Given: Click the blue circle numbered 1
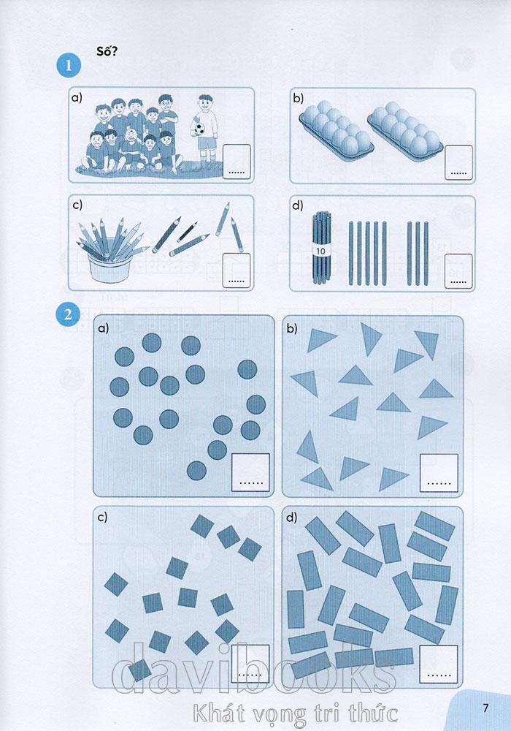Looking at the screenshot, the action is [69, 65].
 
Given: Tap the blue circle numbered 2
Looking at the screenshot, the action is [69, 314].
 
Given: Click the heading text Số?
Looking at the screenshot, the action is [107, 51].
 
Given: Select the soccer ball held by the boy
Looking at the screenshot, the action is [199, 129].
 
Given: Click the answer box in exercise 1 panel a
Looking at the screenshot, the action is [237, 162].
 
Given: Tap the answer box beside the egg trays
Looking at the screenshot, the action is [459, 162].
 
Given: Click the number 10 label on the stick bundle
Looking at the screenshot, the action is [320, 251].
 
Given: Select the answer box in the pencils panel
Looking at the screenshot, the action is [237, 270].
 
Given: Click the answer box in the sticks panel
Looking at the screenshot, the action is [458, 271].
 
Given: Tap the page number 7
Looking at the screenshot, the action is [485, 708].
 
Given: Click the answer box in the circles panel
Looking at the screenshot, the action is [251, 472].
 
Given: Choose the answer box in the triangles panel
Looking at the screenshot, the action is [439, 473].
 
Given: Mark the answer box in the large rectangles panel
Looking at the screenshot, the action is [439, 664].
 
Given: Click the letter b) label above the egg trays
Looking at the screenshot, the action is [298, 98].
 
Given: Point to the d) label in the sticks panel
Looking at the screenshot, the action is [297, 205].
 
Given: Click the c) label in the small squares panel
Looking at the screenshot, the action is [102, 517].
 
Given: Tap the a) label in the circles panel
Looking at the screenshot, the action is [103, 328].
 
